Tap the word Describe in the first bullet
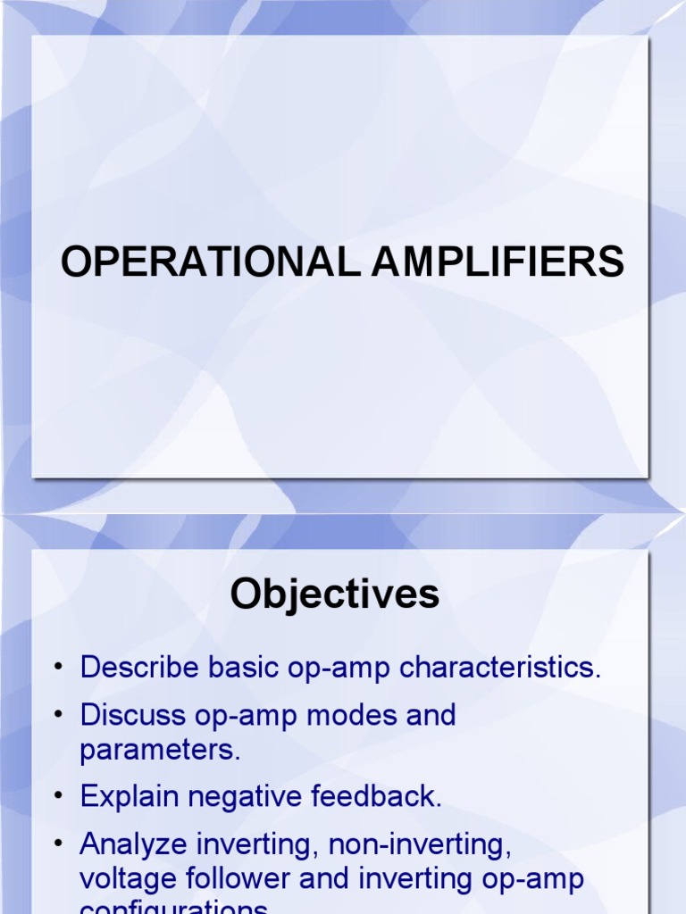pos(136,669)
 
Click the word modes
pos(332,715)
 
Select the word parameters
pos(161,750)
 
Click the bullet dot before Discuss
pos(58,716)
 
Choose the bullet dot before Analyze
pos(58,844)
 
